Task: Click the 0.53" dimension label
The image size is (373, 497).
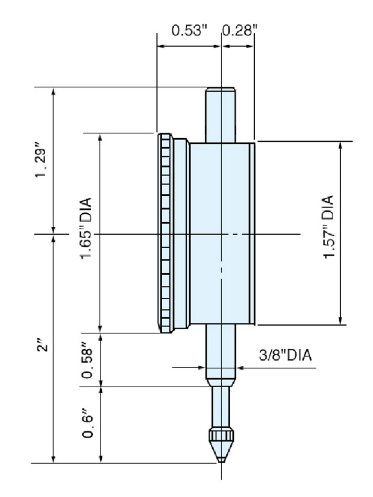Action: pyautogui.click(x=189, y=30)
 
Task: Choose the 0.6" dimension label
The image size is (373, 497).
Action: pyautogui.click(x=87, y=425)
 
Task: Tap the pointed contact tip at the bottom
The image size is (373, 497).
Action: pyautogui.click(x=221, y=457)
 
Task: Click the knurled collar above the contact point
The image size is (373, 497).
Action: pyautogui.click(x=221, y=435)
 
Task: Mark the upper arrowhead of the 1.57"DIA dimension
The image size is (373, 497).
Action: pyautogui.click(x=341, y=145)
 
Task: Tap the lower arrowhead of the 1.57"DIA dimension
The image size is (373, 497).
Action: pyautogui.click(x=341, y=321)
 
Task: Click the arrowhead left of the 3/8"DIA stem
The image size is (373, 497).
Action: pyautogui.click(x=202, y=366)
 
